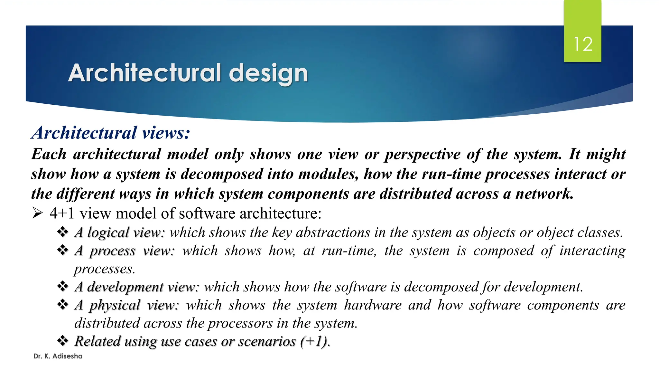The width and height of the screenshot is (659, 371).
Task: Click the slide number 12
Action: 583,44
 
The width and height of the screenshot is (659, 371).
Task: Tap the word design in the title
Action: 268,73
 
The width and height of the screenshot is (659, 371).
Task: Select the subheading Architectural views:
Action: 111,133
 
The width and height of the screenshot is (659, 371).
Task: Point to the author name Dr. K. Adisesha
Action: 58,356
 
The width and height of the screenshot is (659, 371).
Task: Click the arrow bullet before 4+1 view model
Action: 38,213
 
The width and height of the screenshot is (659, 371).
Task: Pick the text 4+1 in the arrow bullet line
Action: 62,213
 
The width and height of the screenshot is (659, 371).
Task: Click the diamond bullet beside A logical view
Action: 63,232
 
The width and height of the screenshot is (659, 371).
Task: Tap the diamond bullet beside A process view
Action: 63,250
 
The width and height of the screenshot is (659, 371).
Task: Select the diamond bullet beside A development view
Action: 63,286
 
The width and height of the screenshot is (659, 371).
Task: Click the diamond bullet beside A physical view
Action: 63,304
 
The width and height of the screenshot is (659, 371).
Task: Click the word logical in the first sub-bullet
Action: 108,233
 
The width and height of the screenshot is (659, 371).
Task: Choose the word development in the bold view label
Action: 125,287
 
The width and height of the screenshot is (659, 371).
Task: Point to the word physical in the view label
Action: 115,305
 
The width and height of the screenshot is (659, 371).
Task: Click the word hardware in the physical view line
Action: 373,305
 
